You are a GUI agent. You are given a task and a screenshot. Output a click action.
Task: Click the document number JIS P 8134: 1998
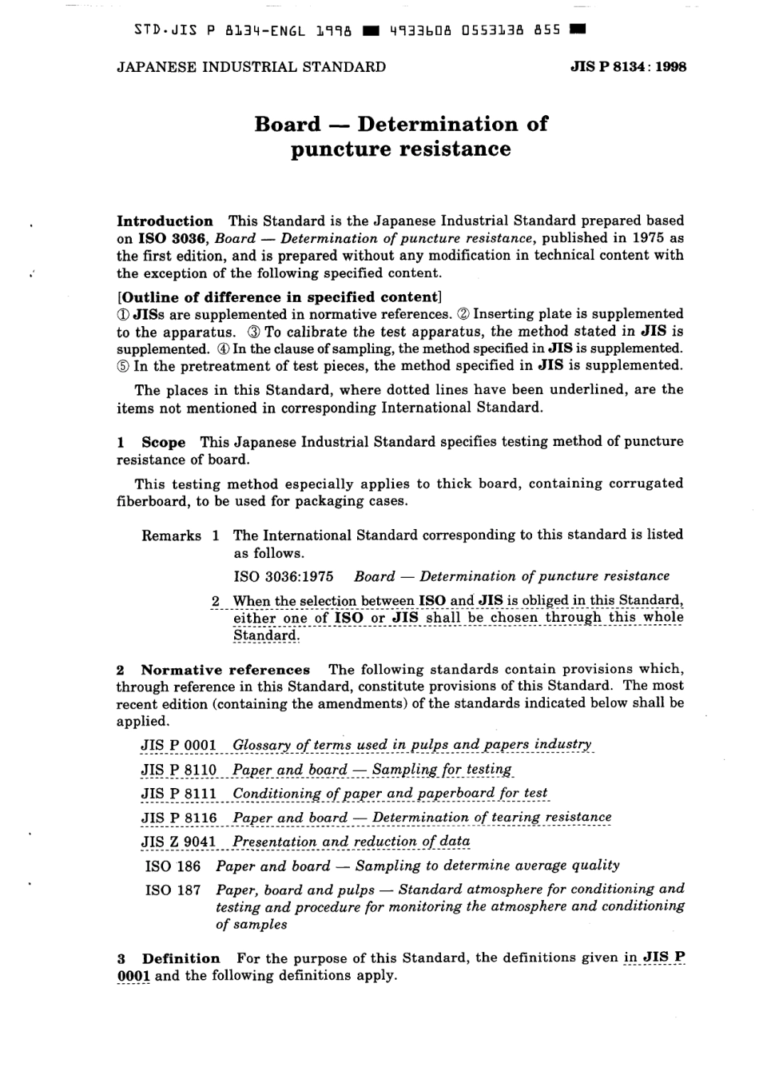coord(628,67)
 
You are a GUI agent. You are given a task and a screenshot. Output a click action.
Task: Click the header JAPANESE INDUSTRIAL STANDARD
coord(251,67)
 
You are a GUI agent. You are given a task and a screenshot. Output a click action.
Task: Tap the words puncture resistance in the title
coord(400,149)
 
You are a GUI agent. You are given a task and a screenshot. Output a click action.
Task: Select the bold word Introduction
coord(165,221)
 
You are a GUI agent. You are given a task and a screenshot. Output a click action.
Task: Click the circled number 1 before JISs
coord(123,314)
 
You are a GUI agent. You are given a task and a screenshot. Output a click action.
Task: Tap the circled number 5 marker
coord(123,366)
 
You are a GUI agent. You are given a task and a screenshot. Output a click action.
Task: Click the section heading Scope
coord(163,442)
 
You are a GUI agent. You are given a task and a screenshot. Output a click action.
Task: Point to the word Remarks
coord(171,536)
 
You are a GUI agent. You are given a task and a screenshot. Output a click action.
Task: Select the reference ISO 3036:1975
coord(283,576)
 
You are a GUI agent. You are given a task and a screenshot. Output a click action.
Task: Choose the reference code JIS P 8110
coord(179,770)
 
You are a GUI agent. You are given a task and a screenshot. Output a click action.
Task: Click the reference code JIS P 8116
coord(179,818)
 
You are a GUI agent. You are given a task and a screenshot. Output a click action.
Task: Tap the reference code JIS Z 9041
coord(179,842)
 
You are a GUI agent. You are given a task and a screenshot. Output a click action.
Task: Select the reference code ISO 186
coord(173,866)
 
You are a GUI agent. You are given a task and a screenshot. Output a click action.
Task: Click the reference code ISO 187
coord(173,890)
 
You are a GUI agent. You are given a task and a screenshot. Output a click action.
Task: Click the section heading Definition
coord(181,958)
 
